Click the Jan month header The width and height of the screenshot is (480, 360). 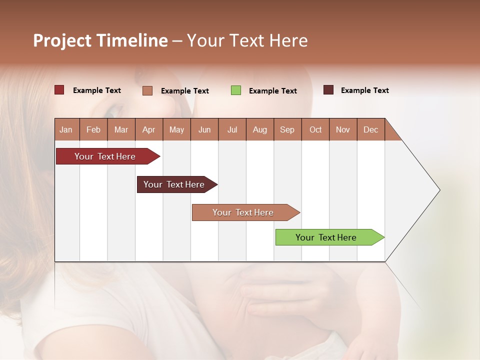tap(66, 129)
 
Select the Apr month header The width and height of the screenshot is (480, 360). tap(148, 129)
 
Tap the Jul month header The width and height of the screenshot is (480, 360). tap(232, 129)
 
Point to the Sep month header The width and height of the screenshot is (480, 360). tap(287, 129)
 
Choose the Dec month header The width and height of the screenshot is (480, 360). tap(370, 129)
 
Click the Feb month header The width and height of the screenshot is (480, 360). tap(93, 129)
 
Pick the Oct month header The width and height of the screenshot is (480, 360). tap(315, 129)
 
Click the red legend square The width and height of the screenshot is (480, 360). tap(59, 90)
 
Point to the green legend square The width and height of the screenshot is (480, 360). tap(236, 90)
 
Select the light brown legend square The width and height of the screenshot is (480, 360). tap(147, 90)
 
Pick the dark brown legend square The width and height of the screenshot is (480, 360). tap(328, 90)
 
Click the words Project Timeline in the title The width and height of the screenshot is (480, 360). tap(100, 40)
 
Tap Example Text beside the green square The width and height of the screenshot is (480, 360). tap(272, 91)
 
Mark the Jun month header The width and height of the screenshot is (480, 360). tap(204, 129)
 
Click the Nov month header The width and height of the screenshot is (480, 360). tap(342, 129)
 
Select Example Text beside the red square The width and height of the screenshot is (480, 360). tap(96, 90)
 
